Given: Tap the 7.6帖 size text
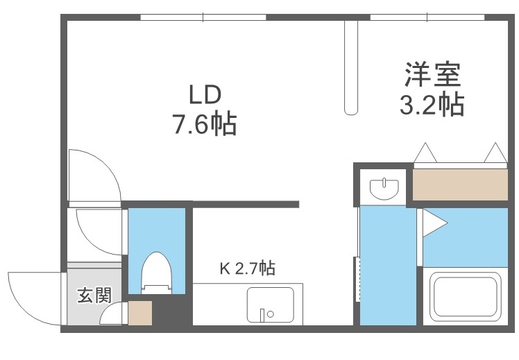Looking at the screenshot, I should (x=204, y=126).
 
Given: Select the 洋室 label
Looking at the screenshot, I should (x=432, y=73).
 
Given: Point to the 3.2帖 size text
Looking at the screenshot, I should (x=432, y=105).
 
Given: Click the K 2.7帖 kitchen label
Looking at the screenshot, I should (x=247, y=268).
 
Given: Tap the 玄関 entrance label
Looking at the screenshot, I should (x=94, y=295).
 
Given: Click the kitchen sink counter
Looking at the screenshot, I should (x=270, y=305).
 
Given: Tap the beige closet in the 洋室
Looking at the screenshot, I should (x=461, y=184).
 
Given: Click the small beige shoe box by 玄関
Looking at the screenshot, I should (x=140, y=314).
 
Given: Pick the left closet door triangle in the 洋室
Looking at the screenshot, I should (x=424, y=153).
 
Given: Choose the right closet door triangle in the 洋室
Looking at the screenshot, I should (x=495, y=153).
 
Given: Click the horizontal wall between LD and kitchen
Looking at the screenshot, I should (x=246, y=204).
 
